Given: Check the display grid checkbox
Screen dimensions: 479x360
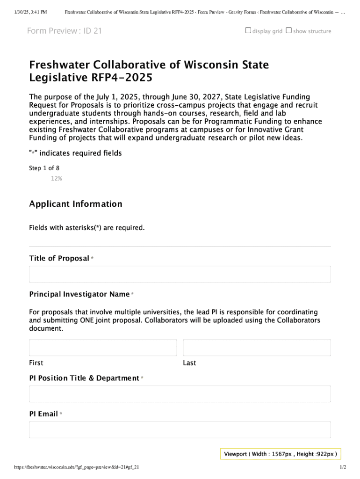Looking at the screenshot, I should pyautogui.click(x=248, y=30).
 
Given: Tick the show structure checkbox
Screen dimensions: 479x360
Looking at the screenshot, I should pyautogui.click(x=288, y=30).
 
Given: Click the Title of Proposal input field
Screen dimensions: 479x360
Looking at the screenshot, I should pyautogui.click(x=180, y=274).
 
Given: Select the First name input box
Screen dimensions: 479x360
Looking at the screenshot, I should pyautogui.click(x=103, y=348).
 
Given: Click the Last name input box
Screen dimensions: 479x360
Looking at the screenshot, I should pyautogui.click(x=257, y=348).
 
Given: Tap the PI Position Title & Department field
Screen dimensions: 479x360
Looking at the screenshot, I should pyautogui.click(x=180, y=394).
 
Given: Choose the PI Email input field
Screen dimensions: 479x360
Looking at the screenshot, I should pyautogui.click(x=180, y=429).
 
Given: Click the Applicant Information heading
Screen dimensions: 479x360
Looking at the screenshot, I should pyautogui.click(x=76, y=204).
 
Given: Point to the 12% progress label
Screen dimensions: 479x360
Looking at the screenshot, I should pyautogui.click(x=57, y=178).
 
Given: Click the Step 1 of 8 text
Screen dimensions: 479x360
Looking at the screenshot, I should pyautogui.click(x=44, y=168).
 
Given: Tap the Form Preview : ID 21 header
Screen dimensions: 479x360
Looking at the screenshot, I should pyautogui.click(x=65, y=31).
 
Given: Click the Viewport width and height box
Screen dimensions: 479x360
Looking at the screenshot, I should pyautogui.click(x=281, y=454).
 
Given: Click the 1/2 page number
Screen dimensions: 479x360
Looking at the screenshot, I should pyautogui.click(x=343, y=467).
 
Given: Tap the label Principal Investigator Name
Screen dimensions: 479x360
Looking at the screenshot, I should pyautogui.click(x=79, y=294).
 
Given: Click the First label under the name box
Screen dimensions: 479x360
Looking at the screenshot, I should pyautogui.click(x=36, y=363).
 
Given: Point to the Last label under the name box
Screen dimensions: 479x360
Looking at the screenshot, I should pyautogui.click(x=189, y=363).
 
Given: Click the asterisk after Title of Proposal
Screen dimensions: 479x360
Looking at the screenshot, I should pyautogui.click(x=93, y=259).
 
